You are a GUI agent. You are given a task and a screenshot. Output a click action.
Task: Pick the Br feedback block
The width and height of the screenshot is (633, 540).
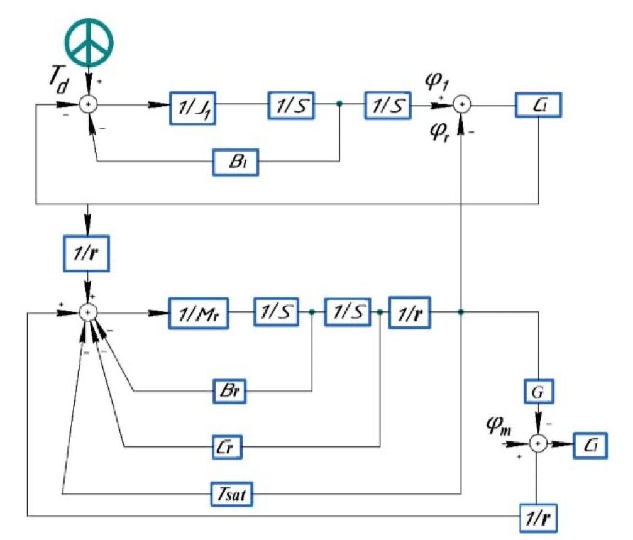tap(229, 393)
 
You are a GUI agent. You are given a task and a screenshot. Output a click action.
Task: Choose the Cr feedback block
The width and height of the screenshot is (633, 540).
tap(227, 448)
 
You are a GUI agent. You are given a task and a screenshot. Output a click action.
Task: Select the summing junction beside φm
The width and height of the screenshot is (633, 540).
tap(538, 444)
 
